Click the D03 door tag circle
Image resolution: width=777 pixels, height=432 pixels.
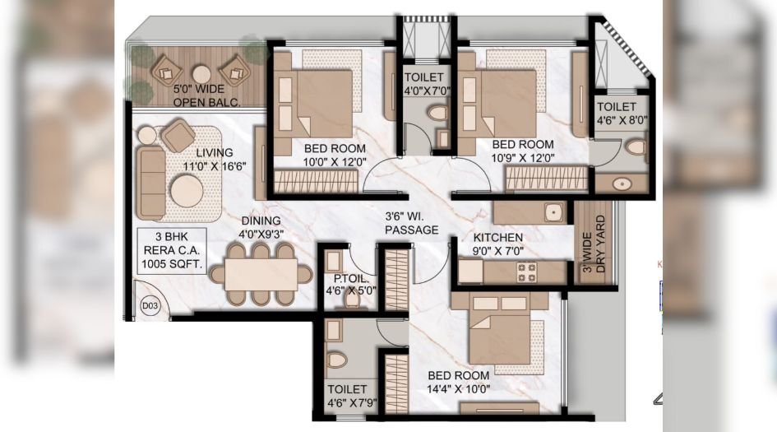[150, 305]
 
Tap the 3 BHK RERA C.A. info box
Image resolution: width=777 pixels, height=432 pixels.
[172, 250]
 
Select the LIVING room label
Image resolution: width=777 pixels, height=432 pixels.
[214, 153]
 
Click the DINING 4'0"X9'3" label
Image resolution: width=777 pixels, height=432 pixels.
[261, 227]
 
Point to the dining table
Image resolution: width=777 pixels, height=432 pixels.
[261, 274]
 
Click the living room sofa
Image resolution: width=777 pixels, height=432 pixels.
[151, 183]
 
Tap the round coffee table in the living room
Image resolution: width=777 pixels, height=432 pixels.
[187, 190]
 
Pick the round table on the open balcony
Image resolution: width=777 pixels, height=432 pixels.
[201, 74]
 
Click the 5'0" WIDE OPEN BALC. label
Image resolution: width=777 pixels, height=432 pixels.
[206, 95]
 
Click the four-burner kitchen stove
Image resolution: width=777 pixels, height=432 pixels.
[526, 272]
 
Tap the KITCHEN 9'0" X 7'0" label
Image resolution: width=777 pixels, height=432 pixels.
[497, 244]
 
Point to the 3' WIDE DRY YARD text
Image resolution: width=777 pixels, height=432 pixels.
[594, 245]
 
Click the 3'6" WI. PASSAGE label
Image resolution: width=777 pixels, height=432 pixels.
[412, 223]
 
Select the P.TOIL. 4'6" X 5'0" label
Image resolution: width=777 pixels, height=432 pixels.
[351, 285]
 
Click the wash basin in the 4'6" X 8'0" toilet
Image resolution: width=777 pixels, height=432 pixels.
[622, 184]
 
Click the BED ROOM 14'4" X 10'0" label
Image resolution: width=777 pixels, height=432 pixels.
[458, 383]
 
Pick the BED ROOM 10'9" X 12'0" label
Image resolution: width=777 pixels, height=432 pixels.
[523, 151]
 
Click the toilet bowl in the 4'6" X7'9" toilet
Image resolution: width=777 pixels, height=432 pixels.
[336, 360]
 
